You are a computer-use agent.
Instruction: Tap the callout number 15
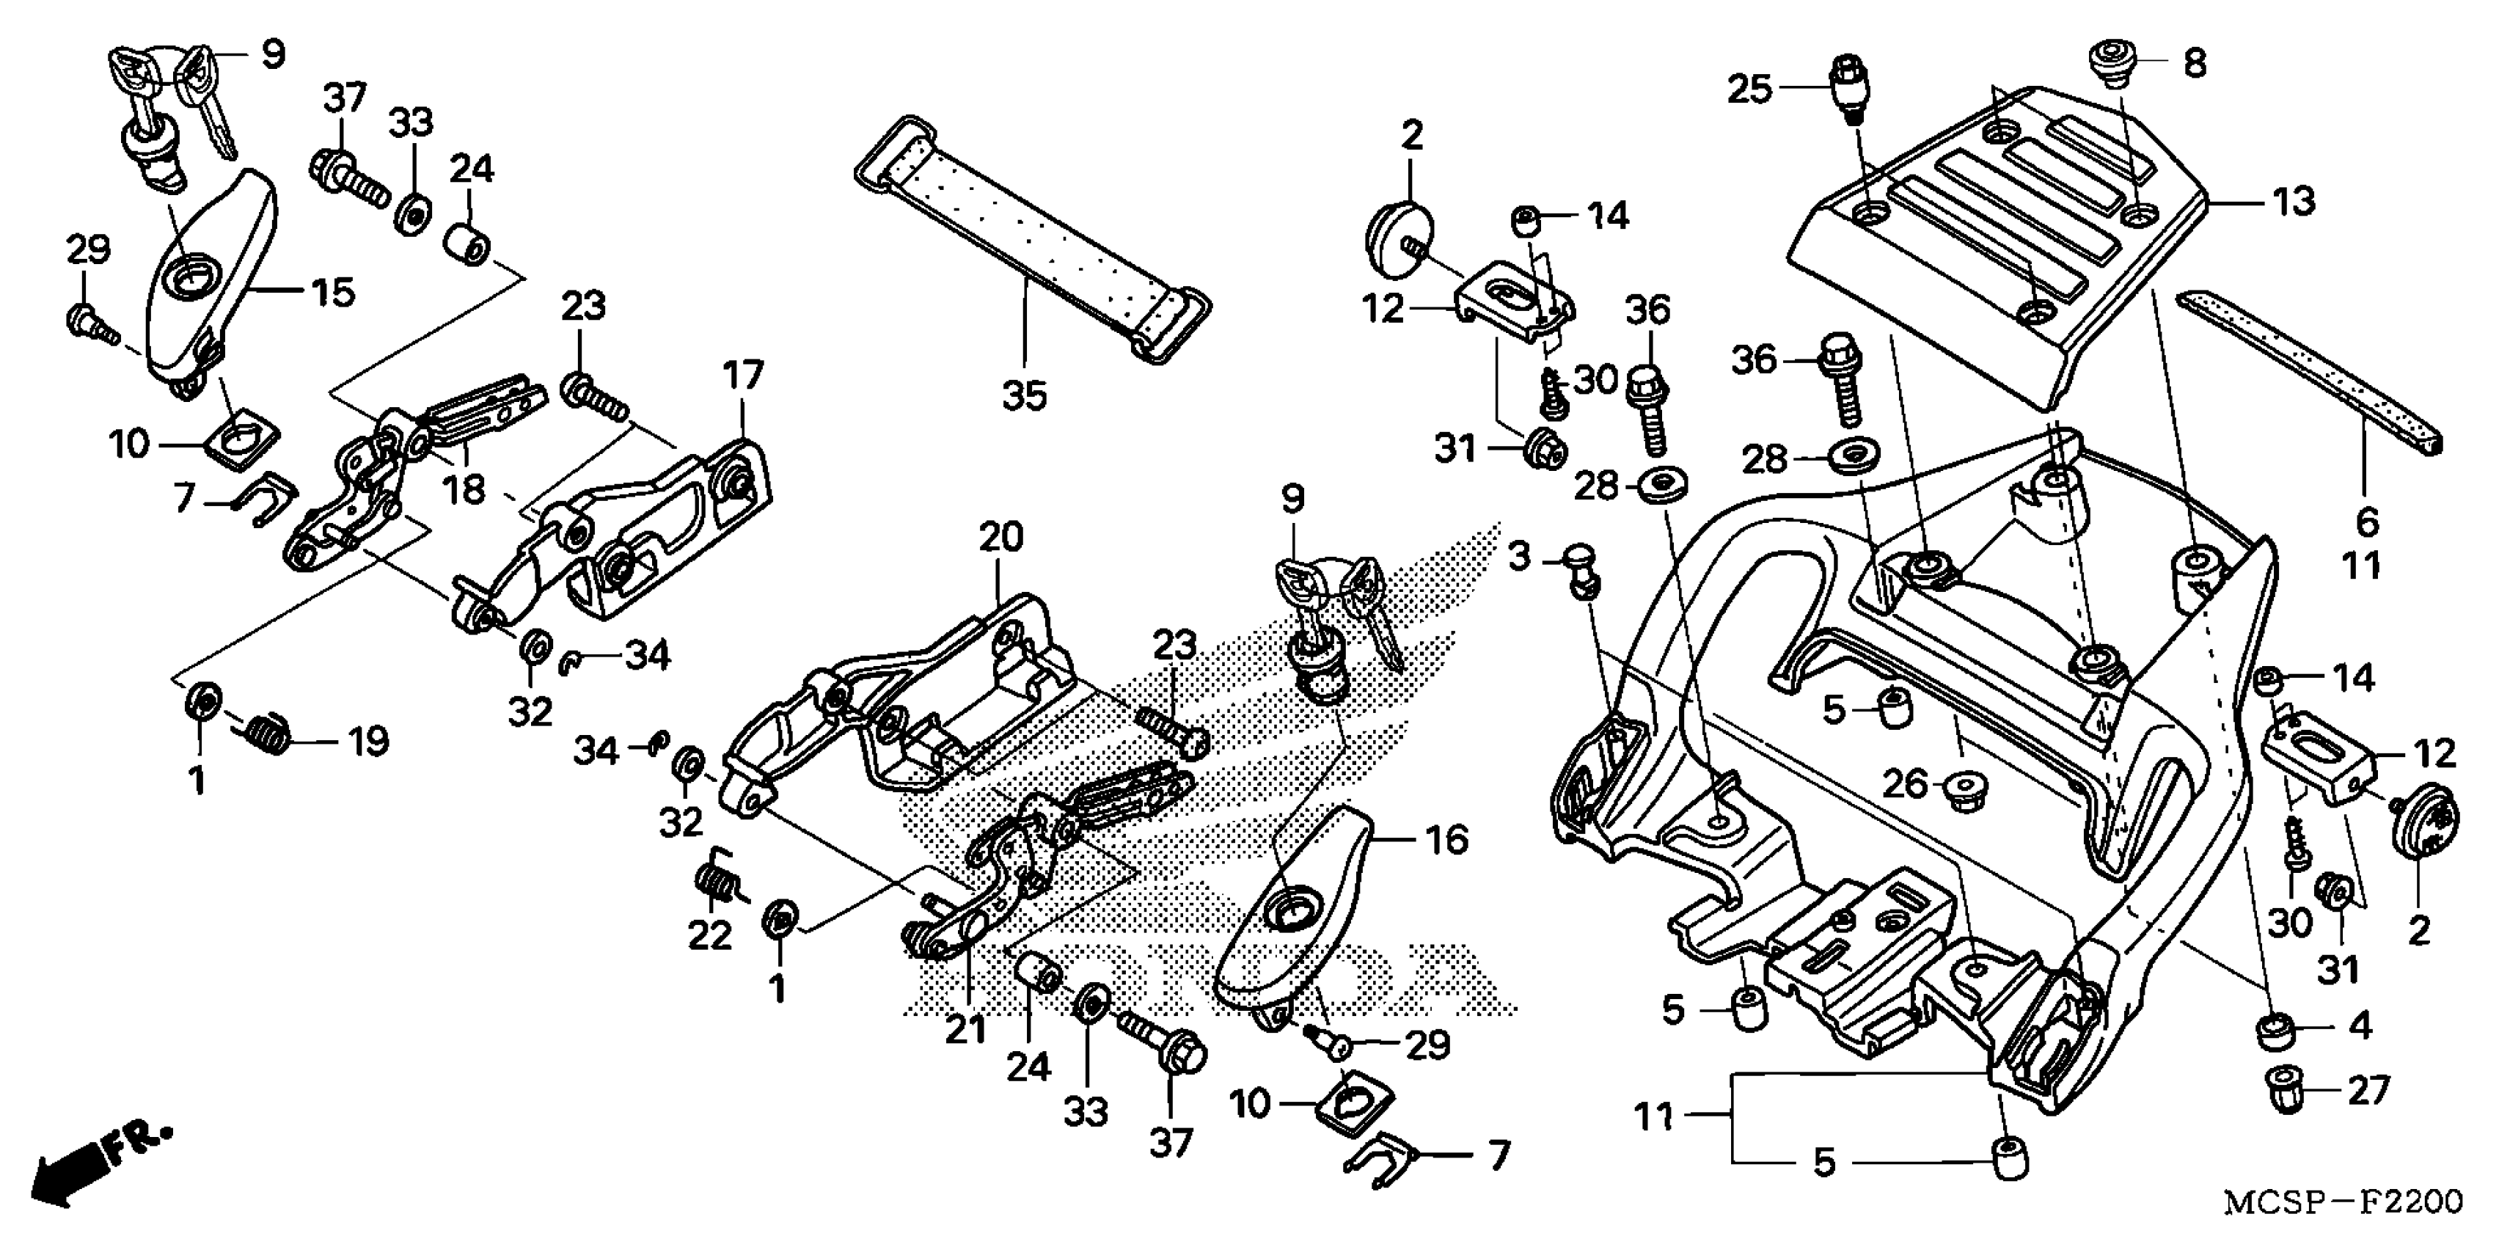[x=332, y=291]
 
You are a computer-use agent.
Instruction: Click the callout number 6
[x=2367, y=522]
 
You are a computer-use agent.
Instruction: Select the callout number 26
[x=1904, y=783]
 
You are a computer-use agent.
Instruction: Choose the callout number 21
[x=965, y=1031]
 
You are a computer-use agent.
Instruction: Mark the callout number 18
[x=464, y=488]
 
